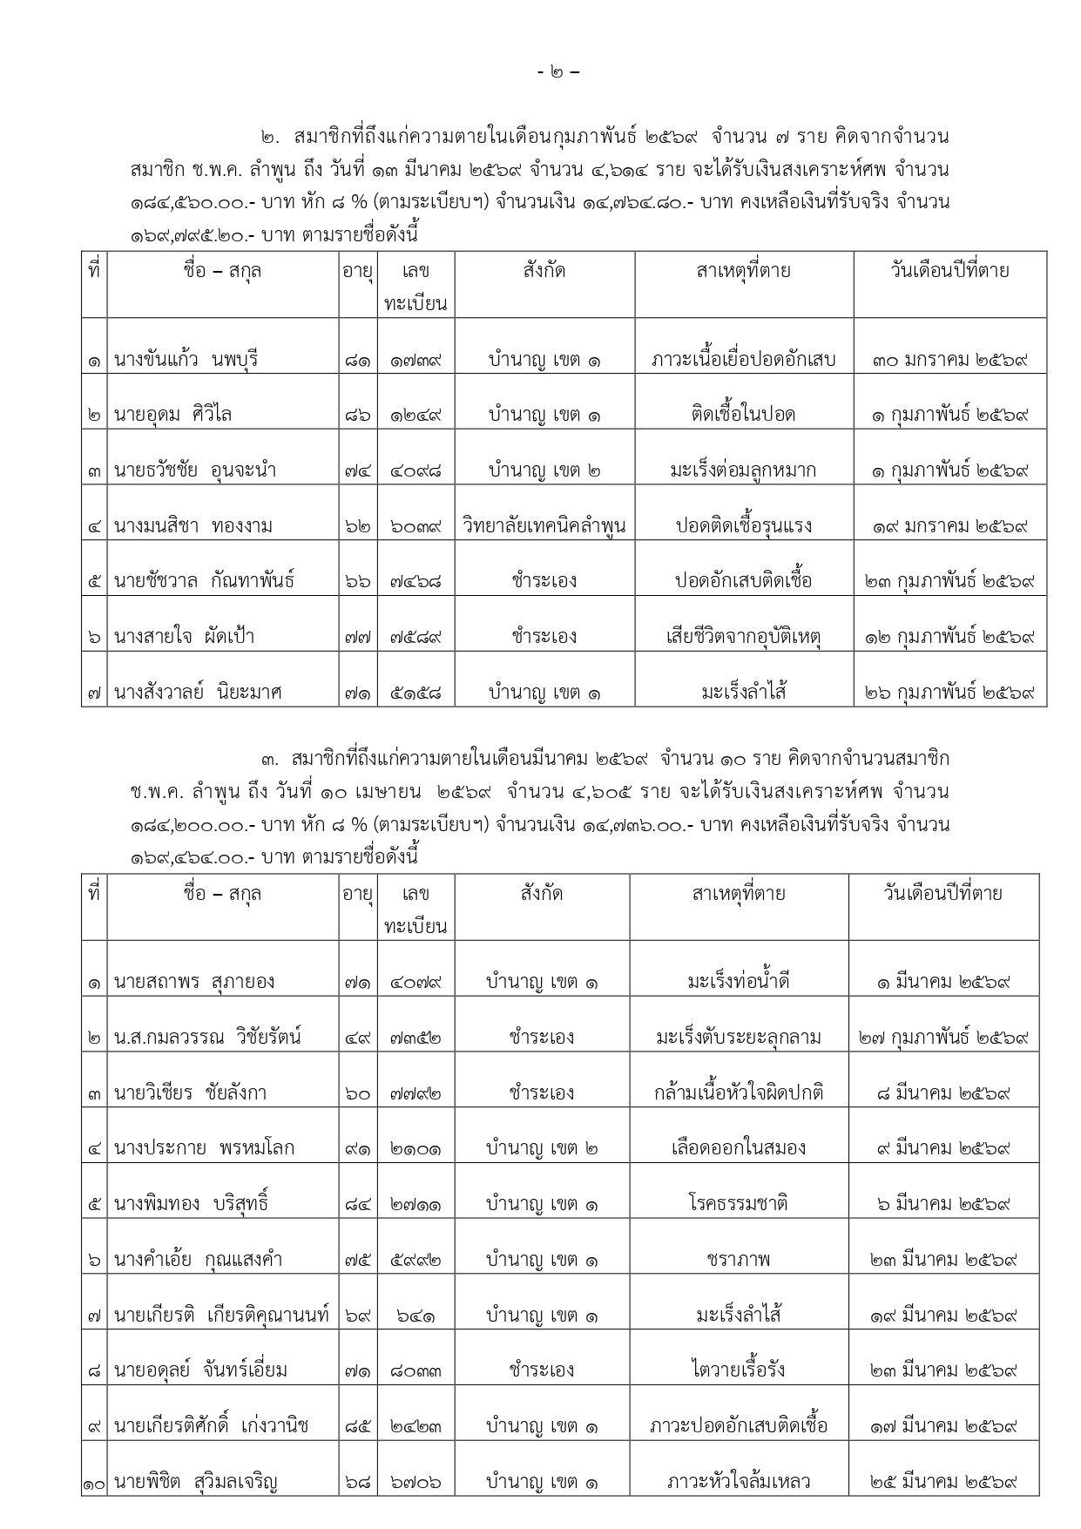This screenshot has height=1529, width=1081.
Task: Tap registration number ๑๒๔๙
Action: pos(416,415)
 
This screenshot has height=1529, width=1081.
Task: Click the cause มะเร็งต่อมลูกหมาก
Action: pos(743,470)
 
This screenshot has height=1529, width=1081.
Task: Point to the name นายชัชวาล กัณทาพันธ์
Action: pos(205,581)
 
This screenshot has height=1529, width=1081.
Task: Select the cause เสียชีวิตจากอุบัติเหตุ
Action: pos(743,637)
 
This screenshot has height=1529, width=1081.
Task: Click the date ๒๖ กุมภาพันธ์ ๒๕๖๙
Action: pos(949,693)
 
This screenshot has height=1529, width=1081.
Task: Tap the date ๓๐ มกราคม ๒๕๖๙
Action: pos(949,359)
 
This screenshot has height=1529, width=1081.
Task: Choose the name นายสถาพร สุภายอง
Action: pos(194,982)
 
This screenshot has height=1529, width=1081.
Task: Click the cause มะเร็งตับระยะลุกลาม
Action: pos(739,1038)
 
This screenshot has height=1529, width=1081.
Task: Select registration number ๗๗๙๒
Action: pos(416,1093)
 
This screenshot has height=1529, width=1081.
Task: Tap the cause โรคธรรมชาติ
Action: pos(739,1204)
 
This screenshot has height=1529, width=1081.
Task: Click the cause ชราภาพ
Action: pos(739,1260)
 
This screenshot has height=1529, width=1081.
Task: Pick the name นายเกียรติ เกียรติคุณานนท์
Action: pos(222,1316)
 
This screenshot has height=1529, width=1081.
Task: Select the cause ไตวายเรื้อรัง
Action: pos(739,1370)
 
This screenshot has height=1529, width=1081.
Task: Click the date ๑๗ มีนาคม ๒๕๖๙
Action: pos(943,1426)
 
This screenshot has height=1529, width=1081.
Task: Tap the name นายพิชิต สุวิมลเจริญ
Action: pos(196,1482)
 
